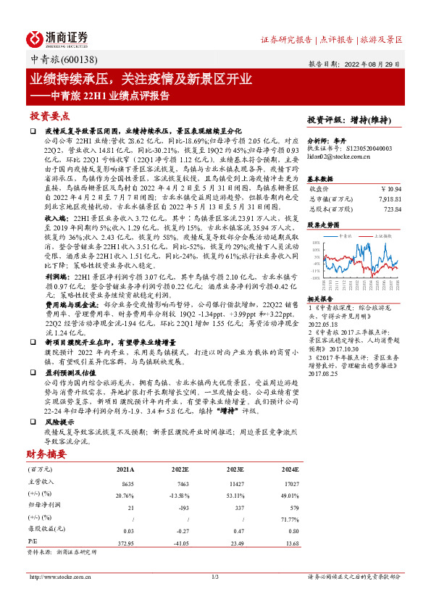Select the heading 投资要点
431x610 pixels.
coord(49,116)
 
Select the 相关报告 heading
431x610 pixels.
coord(319,298)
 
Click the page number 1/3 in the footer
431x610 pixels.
coord(214,577)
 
